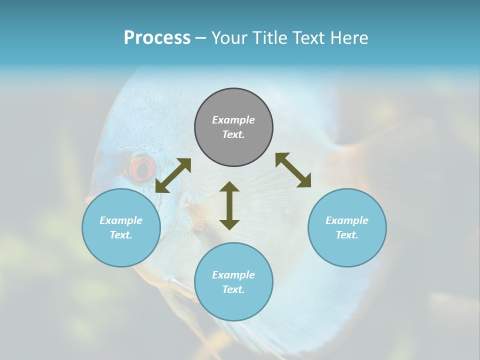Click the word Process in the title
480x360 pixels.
(157, 38)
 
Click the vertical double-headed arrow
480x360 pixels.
(229, 205)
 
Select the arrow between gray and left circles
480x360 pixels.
(173, 175)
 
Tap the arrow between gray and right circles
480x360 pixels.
(293, 170)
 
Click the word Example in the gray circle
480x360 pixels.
(233, 120)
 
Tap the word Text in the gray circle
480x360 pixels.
(233, 134)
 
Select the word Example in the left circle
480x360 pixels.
(121, 220)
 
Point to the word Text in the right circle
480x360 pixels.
(347, 235)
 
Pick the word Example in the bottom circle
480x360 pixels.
(233, 275)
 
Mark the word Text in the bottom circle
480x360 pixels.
(233, 289)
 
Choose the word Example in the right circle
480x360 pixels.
(347, 220)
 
